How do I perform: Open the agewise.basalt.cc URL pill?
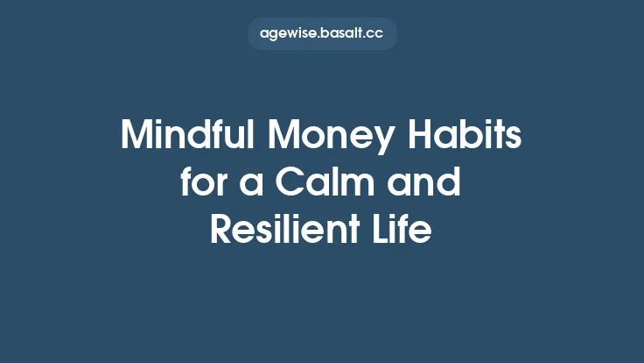pyautogui.click(x=322, y=34)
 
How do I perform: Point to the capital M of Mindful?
pyautogui.click(x=136, y=137)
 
